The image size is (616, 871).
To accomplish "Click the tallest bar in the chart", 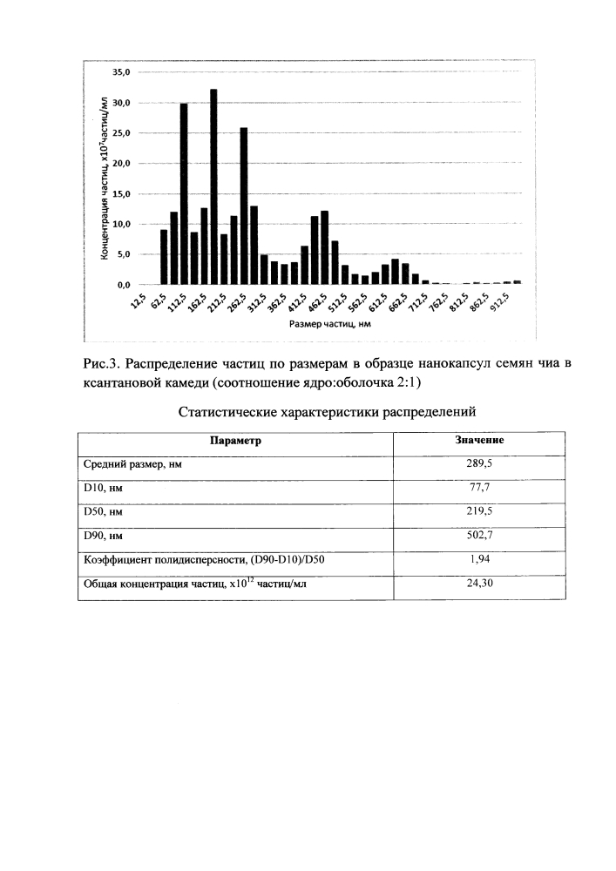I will pyautogui.click(x=213, y=186).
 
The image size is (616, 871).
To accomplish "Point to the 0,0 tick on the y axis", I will pyautogui.click(x=123, y=285).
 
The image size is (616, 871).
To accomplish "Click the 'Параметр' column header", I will pyautogui.click(x=235, y=441).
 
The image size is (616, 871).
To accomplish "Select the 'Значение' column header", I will pyautogui.click(x=479, y=441).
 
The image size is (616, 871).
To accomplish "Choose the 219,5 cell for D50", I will pyautogui.click(x=479, y=512).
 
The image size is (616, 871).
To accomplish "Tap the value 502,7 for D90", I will pyautogui.click(x=479, y=536).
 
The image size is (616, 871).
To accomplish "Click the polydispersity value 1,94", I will pyautogui.click(x=479, y=560).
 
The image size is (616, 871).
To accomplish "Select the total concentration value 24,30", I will pyautogui.click(x=479, y=584).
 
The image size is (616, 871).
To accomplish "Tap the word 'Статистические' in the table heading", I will pyautogui.click(x=228, y=410).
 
